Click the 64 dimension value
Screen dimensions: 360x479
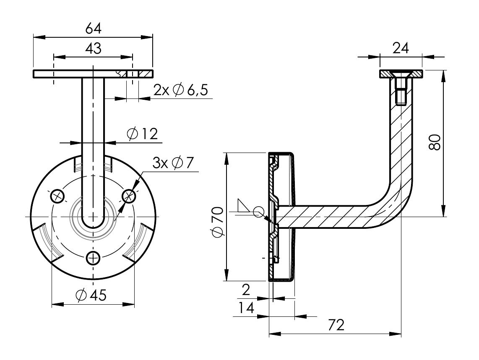click(93, 28)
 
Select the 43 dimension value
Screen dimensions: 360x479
click(93, 49)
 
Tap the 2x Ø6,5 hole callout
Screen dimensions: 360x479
click(180, 90)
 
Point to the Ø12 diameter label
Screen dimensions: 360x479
click(141, 134)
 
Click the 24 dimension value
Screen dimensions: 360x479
click(401, 49)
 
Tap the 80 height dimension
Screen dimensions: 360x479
click(435, 143)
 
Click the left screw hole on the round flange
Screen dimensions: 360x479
click(57, 196)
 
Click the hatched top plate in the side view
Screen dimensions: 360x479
click(401, 74)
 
